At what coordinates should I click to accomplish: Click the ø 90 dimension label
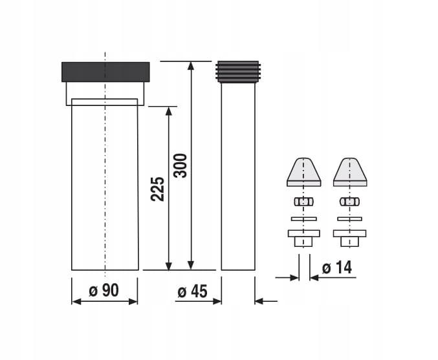pos(104,290)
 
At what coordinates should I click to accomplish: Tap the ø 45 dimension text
pos(192,291)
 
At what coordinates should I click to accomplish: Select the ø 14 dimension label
pos(337,268)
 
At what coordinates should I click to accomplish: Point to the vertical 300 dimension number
pos(180,165)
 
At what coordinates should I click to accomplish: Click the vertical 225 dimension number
pos(158,189)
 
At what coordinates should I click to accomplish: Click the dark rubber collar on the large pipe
pos(105,72)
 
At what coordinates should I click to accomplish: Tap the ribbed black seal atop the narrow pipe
pos(238,72)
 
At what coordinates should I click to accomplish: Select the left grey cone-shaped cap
pos(304,172)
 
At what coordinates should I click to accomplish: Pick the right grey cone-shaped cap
pos(350,172)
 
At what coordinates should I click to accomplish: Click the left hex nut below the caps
pos(303,202)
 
